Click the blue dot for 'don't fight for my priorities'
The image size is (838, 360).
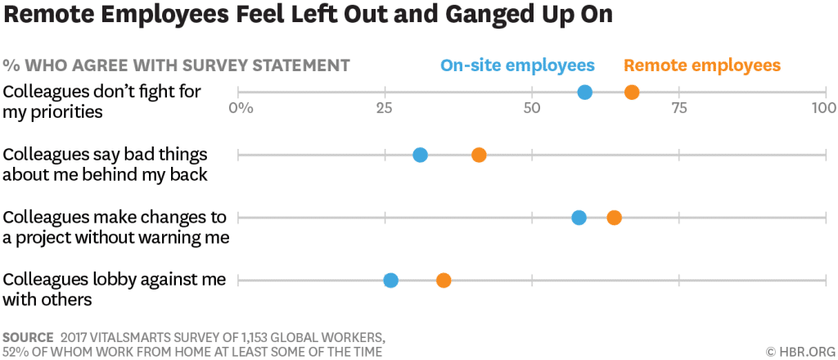click(584, 92)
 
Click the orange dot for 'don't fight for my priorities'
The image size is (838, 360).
click(632, 92)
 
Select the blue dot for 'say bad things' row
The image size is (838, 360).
click(420, 155)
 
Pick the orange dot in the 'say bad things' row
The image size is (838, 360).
click(479, 155)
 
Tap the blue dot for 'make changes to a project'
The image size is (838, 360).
click(579, 218)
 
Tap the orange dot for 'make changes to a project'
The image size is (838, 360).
click(614, 218)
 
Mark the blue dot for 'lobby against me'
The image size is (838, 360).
click(390, 281)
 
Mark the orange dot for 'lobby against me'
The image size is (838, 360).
click(443, 281)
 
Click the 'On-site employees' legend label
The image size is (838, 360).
click(517, 65)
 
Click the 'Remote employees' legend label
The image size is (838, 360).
click(701, 65)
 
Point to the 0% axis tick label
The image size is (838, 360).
click(241, 108)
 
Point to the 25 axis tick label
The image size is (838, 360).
click(385, 108)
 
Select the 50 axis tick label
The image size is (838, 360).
click(532, 108)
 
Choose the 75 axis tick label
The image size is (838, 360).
click(678, 108)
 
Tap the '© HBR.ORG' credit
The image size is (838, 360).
click(799, 351)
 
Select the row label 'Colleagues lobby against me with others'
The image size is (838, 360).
click(114, 290)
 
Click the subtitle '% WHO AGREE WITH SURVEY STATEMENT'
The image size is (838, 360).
click(176, 65)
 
